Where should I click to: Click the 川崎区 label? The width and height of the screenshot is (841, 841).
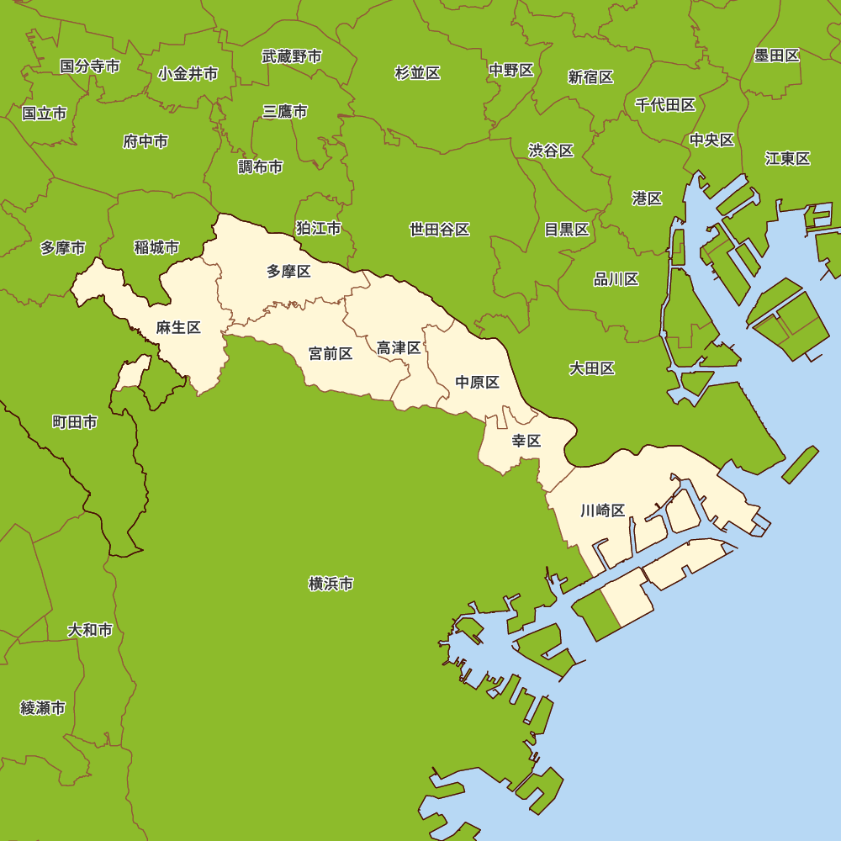[x=603, y=510]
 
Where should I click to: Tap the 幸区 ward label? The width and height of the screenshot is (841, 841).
[x=526, y=441]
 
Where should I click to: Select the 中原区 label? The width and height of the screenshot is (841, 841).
[x=478, y=383]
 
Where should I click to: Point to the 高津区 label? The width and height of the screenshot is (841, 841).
[x=399, y=347]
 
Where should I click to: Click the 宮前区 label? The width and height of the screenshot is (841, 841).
[x=331, y=353]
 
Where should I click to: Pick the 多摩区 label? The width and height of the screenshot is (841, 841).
[x=288, y=271]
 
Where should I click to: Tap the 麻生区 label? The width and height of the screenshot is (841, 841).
[x=178, y=328]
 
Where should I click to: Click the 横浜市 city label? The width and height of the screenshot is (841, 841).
[x=331, y=584]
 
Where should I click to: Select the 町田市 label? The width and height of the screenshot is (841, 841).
[x=74, y=422]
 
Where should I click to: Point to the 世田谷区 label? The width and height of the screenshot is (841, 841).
[x=439, y=230]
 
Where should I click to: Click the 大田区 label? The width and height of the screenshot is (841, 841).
[x=592, y=368]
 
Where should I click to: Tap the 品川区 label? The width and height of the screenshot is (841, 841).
[x=616, y=279]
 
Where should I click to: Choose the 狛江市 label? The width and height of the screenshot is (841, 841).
[x=319, y=228]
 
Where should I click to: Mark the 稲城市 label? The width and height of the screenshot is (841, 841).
[x=156, y=247]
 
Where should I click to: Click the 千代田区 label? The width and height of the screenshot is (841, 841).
[x=665, y=105]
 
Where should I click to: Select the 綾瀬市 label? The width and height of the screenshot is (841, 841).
[x=43, y=708]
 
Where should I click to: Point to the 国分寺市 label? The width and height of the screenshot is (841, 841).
[x=90, y=66]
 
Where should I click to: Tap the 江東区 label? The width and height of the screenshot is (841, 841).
[x=788, y=158]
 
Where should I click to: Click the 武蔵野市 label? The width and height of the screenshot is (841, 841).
[x=292, y=56]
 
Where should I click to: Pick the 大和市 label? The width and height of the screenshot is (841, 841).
[x=90, y=630]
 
